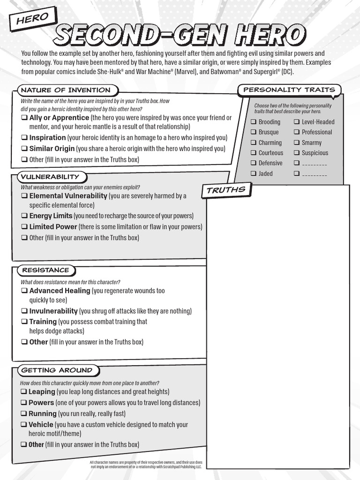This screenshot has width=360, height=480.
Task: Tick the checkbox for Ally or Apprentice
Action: pyautogui.click(x=24, y=118)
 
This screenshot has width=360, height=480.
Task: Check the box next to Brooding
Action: pyautogui.click(x=253, y=122)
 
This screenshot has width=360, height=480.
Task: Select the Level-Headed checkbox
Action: pyautogui.click(x=297, y=122)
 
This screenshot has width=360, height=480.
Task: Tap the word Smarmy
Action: pyautogui.click(x=312, y=142)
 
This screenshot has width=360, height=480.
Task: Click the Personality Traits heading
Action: pyautogui.click(x=289, y=90)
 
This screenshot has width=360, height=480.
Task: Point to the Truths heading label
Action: pyautogui.click(x=226, y=190)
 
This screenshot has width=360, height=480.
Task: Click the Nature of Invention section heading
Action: pyautogui.click(x=66, y=90)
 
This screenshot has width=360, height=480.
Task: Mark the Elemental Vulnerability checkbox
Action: pyautogui.click(x=24, y=196)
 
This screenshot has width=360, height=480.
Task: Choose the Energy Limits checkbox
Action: pyautogui.click(x=24, y=216)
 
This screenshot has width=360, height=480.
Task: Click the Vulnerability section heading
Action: pyautogui.click(x=49, y=177)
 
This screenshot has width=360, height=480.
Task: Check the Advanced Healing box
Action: pyautogui.click(x=24, y=291)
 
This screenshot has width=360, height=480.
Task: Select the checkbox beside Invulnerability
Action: pyautogui.click(x=24, y=311)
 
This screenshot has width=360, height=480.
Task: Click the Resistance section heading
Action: pyautogui.click(x=45, y=270)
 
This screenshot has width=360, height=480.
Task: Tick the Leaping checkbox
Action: pyautogui.click(x=24, y=391)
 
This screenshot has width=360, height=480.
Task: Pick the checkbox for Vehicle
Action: pyautogui.click(x=24, y=425)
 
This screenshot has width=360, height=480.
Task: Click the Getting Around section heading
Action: pyautogui.click(x=56, y=370)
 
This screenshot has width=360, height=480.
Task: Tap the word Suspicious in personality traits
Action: pyautogui.click(x=315, y=153)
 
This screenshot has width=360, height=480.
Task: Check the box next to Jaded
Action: pyautogui.click(x=253, y=173)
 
